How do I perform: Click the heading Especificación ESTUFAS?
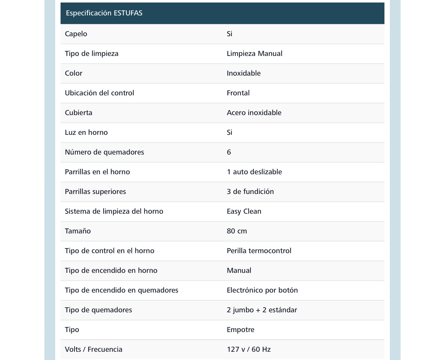point(104,13)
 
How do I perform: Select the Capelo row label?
point(76,34)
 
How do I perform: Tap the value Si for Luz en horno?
point(229,132)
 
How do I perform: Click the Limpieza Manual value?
point(254,53)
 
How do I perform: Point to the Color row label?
point(73,73)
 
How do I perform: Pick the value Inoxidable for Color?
point(244,73)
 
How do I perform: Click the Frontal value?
point(238,93)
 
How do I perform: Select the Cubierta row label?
point(78,113)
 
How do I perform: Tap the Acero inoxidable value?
point(254,113)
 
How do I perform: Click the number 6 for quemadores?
point(229,152)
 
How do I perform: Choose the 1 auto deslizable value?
point(254,172)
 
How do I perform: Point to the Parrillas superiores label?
point(95,191)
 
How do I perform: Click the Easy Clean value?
point(244,211)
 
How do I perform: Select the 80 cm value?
point(237,231)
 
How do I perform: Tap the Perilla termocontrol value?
point(259,251)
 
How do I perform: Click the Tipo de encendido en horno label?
point(111,270)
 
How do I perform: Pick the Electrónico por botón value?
point(262,290)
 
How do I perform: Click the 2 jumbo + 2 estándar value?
point(262,310)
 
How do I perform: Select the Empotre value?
point(240,330)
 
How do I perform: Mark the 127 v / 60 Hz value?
point(249,349)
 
